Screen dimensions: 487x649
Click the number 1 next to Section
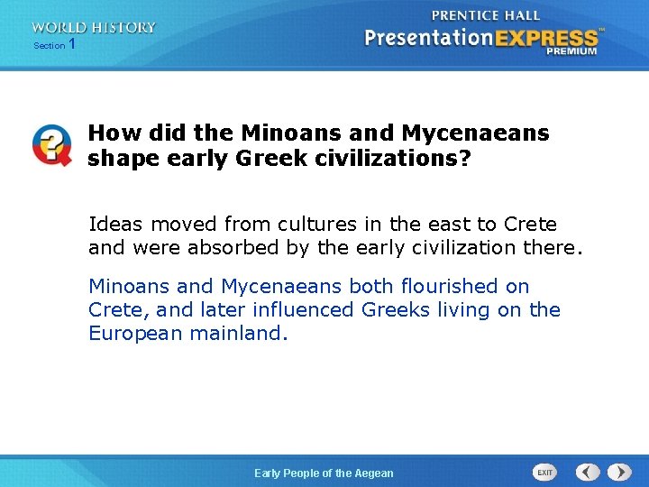coord(72,44)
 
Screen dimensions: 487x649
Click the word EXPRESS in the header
coord(542,38)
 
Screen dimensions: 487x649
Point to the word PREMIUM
coord(571,52)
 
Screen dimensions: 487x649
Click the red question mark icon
coord(51,144)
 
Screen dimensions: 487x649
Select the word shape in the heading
coord(119,159)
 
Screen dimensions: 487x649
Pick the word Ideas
coord(116,224)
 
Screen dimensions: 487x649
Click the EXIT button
coord(544,473)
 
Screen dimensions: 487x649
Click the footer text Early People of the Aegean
coord(324,473)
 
